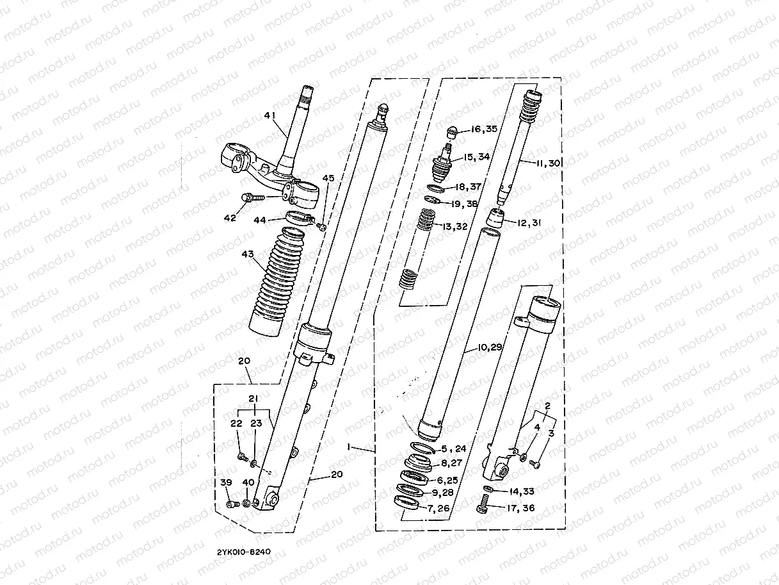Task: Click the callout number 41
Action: (x=269, y=116)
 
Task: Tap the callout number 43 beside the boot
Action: (x=247, y=255)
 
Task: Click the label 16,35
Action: (x=484, y=129)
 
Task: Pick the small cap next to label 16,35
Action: (x=451, y=132)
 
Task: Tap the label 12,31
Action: (x=529, y=222)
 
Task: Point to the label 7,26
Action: (x=440, y=509)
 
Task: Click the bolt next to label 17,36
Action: (x=484, y=509)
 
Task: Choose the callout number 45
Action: (x=328, y=178)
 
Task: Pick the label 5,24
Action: (x=454, y=449)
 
